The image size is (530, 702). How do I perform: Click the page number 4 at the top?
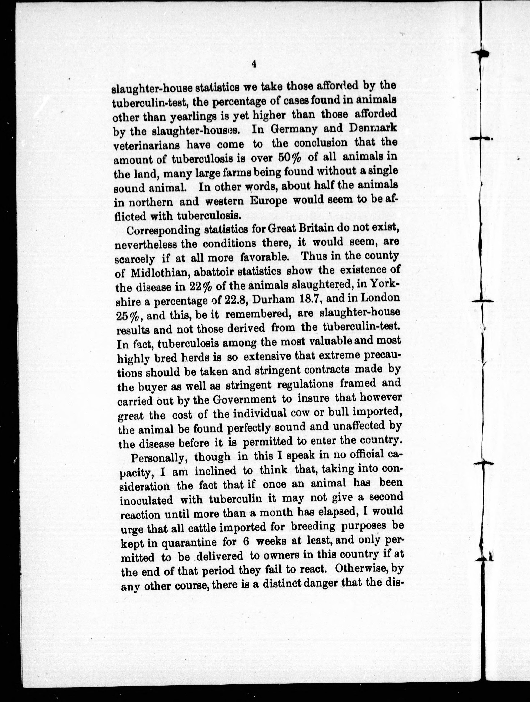pos(253,64)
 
